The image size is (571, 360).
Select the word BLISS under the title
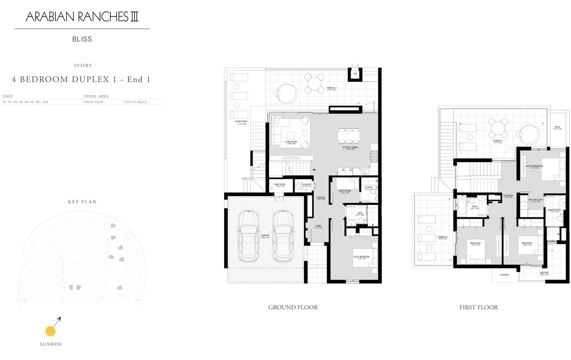(82, 39)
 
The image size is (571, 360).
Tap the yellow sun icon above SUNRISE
(50, 330)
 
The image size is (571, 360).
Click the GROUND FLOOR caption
(293, 308)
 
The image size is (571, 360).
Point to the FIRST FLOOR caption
(478, 308)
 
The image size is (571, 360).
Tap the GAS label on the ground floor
(355, 74)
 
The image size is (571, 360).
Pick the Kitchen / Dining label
(349, 148)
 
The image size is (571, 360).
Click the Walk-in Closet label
(535, 200)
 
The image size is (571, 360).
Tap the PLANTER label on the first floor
(504, 274)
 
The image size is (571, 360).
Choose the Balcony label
(544, 273)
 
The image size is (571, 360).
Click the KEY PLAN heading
(82, 202)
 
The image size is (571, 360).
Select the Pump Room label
(279, 185)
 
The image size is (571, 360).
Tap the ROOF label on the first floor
(557, 127)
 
